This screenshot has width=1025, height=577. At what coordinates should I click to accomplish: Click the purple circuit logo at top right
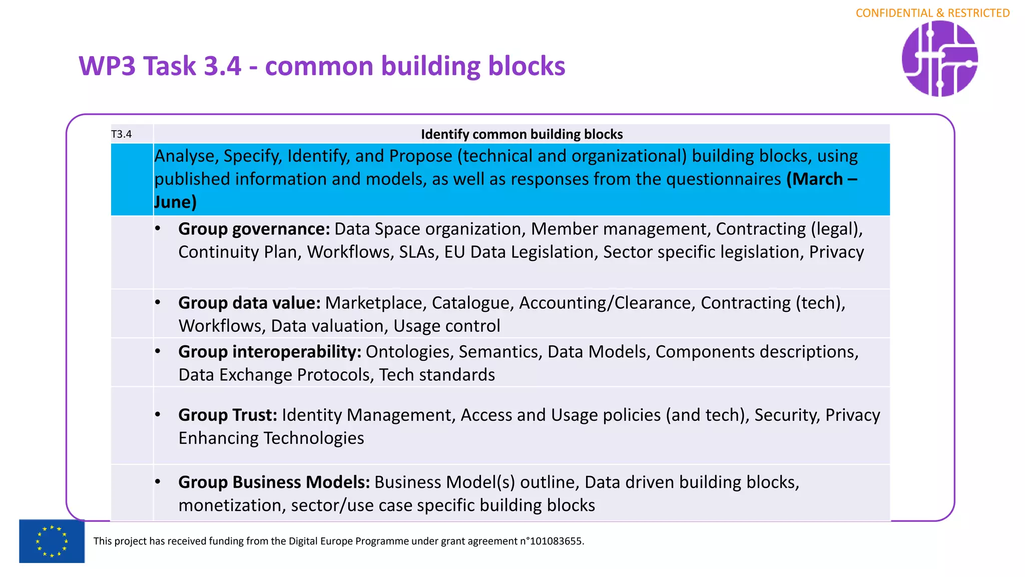click(939, 59)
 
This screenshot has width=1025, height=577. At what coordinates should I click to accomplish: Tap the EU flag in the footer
click(52, 541)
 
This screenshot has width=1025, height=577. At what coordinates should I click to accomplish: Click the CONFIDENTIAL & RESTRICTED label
click(932, 13)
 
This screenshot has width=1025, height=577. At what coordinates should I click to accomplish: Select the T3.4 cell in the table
click(121, 134)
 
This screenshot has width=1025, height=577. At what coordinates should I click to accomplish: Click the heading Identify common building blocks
click(522, 134)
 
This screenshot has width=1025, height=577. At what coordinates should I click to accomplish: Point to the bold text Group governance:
click(254, 229)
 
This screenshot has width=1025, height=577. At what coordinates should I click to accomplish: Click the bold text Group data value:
click(249, 303)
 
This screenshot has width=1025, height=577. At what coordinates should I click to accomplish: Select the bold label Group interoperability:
click(270, 352)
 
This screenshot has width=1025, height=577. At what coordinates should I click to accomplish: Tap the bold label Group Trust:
click(228, 415)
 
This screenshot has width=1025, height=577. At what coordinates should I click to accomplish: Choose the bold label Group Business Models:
click(274, 482)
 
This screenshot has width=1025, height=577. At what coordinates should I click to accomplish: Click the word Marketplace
click(375, 303)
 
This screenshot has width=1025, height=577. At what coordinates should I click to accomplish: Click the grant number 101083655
click(556, 541)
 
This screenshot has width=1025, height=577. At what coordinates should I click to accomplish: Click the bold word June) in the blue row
click(175, 202)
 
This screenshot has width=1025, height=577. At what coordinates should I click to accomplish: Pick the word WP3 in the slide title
click(107, 66)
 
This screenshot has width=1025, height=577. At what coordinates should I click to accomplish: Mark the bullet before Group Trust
click(158, 415)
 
